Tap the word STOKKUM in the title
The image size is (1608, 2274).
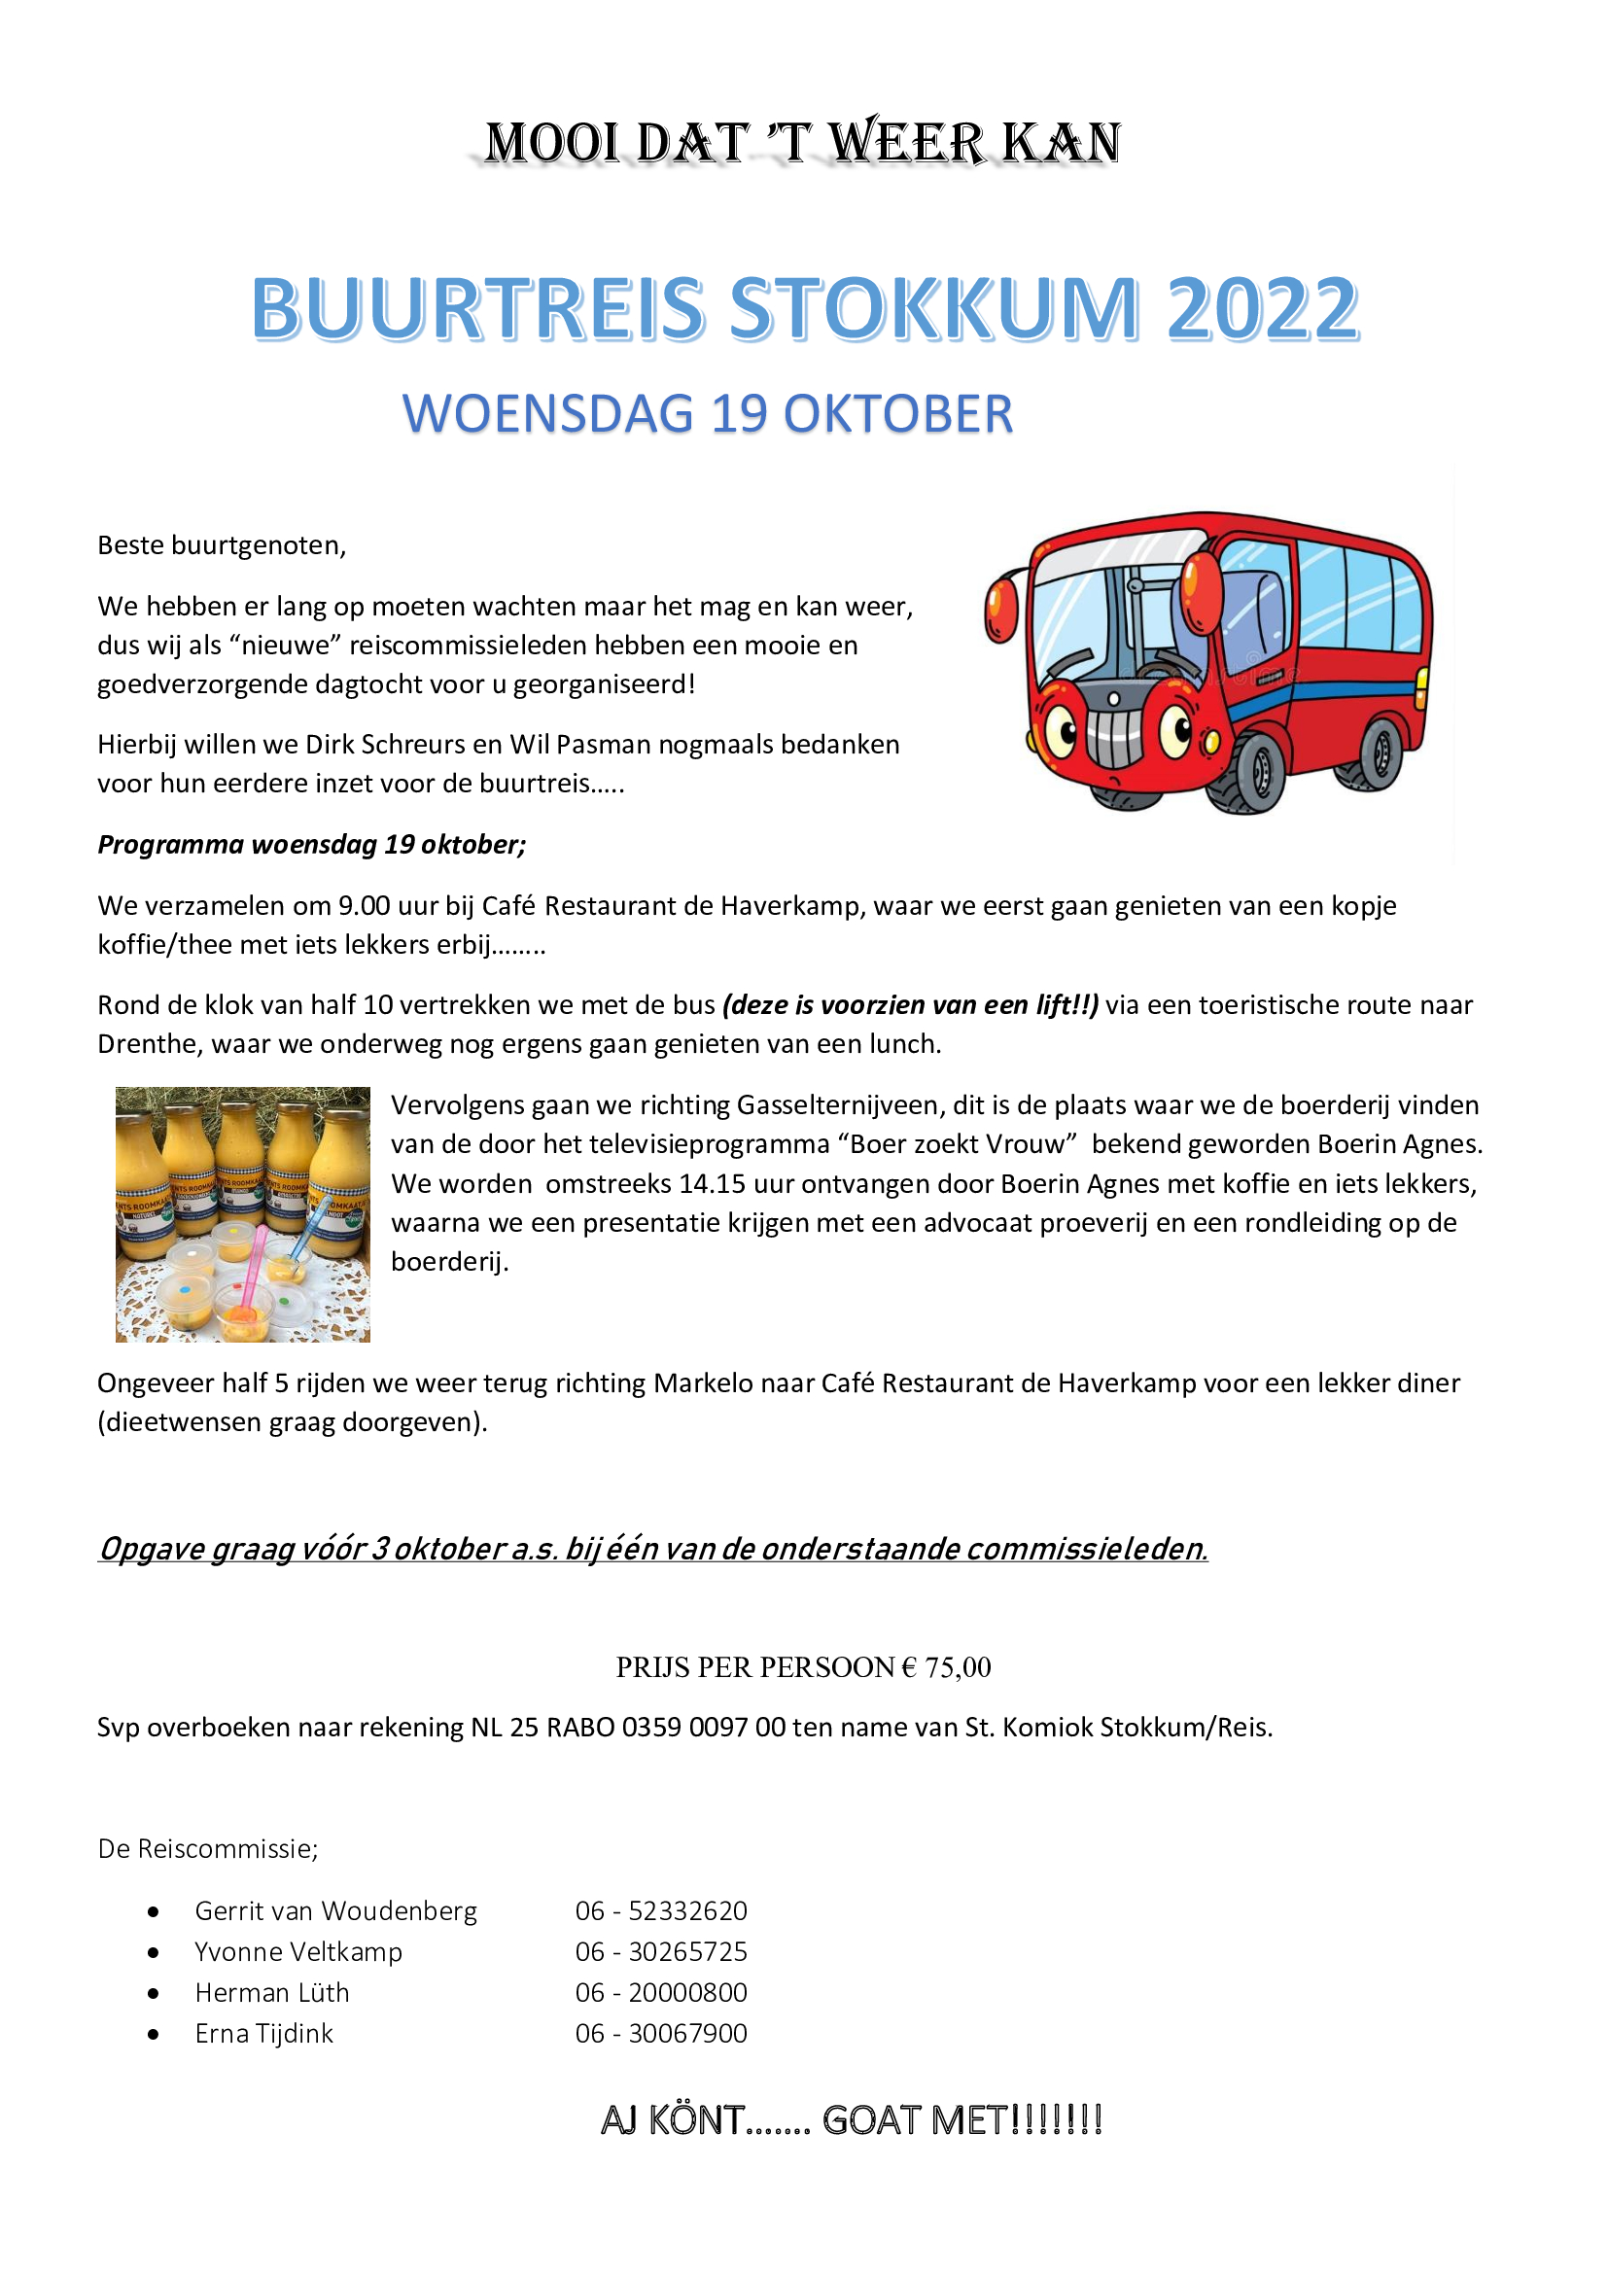934,309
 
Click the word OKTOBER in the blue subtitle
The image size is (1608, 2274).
898,414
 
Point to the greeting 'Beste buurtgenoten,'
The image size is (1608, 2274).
222,545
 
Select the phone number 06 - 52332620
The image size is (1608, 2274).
660,1910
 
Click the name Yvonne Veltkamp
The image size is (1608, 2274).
298,1951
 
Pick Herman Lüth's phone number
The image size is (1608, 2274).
660,1992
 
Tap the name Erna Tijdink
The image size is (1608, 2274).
263,2032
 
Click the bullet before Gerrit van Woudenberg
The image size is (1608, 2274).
154,1911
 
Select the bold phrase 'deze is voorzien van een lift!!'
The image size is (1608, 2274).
910,1005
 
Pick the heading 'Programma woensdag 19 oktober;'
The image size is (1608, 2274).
312,845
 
